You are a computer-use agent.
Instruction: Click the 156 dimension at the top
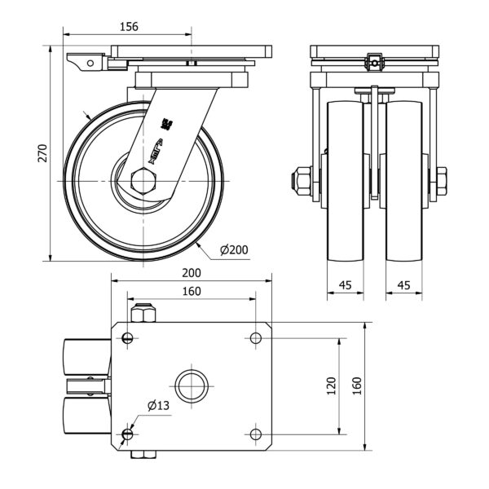pyautogui.click(x=129, y=26)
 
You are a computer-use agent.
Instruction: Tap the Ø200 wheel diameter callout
pyautogui.click(x=234, y=249)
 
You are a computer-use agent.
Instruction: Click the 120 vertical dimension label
pyautogui.click(x=328, y=385)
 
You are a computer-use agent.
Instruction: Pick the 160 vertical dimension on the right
pyautogui.click(x=355, y=385)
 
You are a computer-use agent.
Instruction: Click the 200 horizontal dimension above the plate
pyautogui.click(x=192, y=275)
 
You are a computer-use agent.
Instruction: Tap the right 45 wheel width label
pyautogui.click(x=403, y=285)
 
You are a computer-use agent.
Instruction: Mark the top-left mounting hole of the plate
pyautogui.click(x=129, y=337)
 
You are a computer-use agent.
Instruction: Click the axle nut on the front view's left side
pyautogui.click(x=300, y=178)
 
